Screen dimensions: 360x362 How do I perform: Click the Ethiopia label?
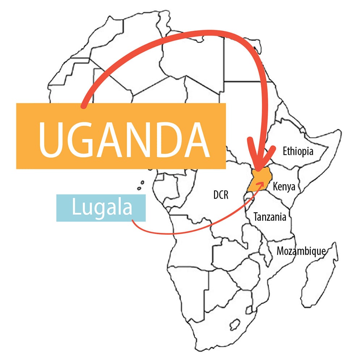pyautogui.click(x=298, y=151)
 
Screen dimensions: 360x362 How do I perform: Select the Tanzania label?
pyautogui.click(x=270, y=217)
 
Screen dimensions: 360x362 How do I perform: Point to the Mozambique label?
pyautogui.click(x=301, y=251)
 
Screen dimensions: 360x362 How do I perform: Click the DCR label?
pyautogui.click(x=221, y=195)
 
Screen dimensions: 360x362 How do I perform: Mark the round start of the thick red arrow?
pyautogui.click(x=84, y=106)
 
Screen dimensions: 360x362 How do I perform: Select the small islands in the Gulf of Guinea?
pyautogui.click(x=140, y=185)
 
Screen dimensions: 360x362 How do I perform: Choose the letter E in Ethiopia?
pyautogui.click(x=285, y=151)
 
